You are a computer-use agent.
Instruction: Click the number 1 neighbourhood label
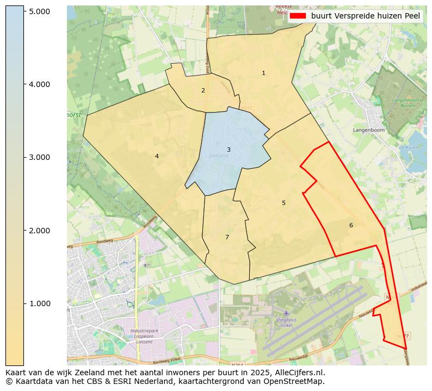[263, 73]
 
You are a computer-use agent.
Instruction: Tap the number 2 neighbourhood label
[203, 90]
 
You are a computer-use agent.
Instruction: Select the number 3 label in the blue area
[229, 150]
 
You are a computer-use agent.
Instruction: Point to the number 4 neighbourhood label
[157, 156]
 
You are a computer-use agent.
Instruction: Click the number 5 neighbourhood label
[283, 203]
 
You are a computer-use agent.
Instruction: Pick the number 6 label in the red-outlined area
[351, 225]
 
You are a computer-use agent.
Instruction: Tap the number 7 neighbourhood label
[227, 237]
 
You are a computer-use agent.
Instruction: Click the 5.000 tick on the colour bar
[39, 11]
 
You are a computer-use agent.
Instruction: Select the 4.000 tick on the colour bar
[39, 84]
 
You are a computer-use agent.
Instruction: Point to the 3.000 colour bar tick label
[39, 157]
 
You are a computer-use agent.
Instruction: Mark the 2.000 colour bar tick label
[39, 231]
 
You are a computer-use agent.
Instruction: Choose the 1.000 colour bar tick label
[39, 303]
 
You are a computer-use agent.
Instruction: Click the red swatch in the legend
[298, 16]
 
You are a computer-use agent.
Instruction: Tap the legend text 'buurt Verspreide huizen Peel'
[366, 16]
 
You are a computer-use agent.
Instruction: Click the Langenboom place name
[368, 131]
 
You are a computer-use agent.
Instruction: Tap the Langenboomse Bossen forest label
[403, 103]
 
